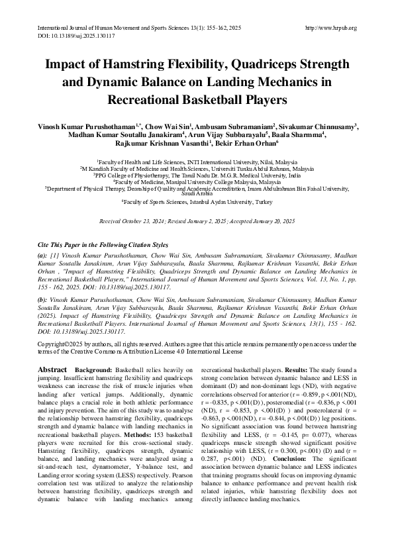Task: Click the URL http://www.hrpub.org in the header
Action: point(330,28)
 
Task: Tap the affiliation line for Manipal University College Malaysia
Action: point(197,181)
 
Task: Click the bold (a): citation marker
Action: point(43,255)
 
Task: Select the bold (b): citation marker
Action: point(43,300)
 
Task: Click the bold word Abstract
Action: point(52,367)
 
